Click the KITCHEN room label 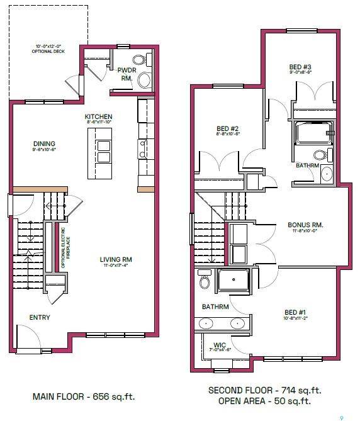point(99,116)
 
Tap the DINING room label point(43,143)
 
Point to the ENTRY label point(39,318)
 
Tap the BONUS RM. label point(305,225)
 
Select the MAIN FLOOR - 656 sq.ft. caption point(84,396)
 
